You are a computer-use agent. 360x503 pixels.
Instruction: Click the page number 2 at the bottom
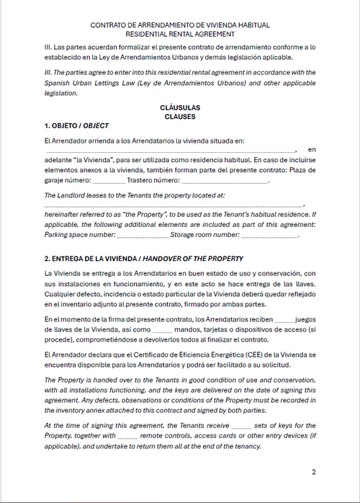313,473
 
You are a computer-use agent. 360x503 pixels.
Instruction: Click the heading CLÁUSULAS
179,107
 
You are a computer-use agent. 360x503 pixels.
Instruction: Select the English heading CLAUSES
179,115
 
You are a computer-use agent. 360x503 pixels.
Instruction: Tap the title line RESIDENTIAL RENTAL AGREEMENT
179,34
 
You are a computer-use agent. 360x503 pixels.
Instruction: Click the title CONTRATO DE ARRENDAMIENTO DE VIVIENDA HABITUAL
179,25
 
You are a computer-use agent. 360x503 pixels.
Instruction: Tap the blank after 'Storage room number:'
269,235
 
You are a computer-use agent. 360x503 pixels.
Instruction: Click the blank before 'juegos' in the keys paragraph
284,319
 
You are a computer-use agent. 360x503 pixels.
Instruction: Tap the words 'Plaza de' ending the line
300,170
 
